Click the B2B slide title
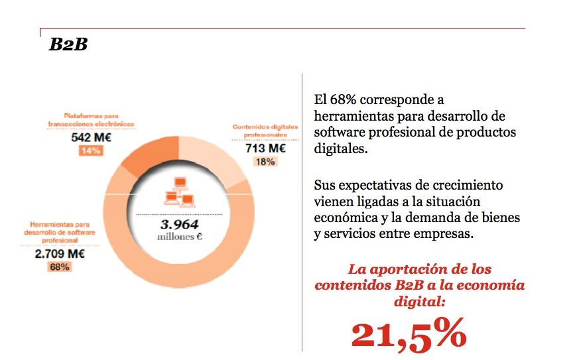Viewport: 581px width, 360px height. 68,45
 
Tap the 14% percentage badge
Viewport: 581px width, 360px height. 90,151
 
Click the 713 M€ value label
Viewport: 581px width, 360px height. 265,149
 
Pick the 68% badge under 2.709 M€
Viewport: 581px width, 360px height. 59,267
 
